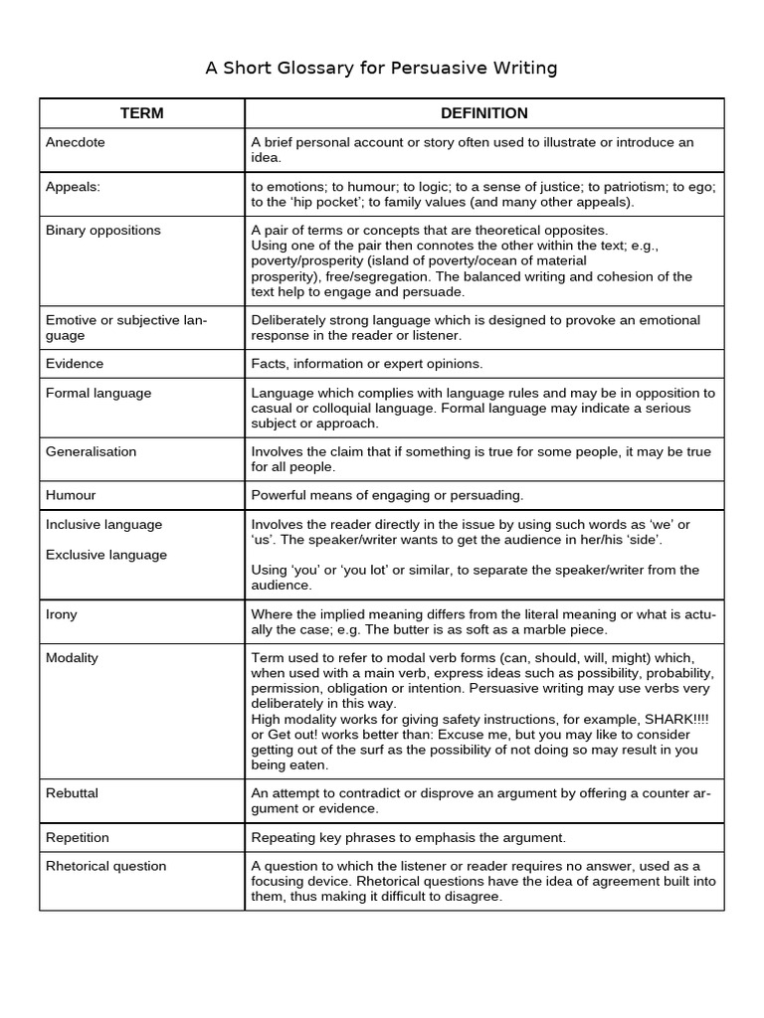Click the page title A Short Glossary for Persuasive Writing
pyautogui.click(x=381, y=68)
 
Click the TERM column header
pyautogui.click(x=141, y=113)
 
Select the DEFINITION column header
pyautogui.click(x=483, y=113)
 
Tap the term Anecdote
pyautogui.click(x=75, y=142)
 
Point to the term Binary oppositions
pyautogui.click(x=102, y=230)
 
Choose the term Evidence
pyautogui.click(x=75, y=363)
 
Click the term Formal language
pyautogui.click(x=98, y=393)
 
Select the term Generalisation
pyautogui.click(x=92, y=451)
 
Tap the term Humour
pyautogui.click(x=71, y=494)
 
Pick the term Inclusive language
pyautogui.click(x=103, y=524)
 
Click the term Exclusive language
pyautogui.click(x=105, y=555)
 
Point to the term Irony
pyautogui.click(x=61, y=613)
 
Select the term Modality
pyautogui.click(x=72, y=658)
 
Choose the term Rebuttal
pyautogui.click(x=72, y=793)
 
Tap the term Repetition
pyautogui.click(x=78, y=837)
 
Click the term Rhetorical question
pyautogui.click(x=105, y=866)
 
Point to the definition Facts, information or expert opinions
pyautogui.click(x=367, y=363)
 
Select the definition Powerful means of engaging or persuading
pyautogui.click(x=387, y=494)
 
